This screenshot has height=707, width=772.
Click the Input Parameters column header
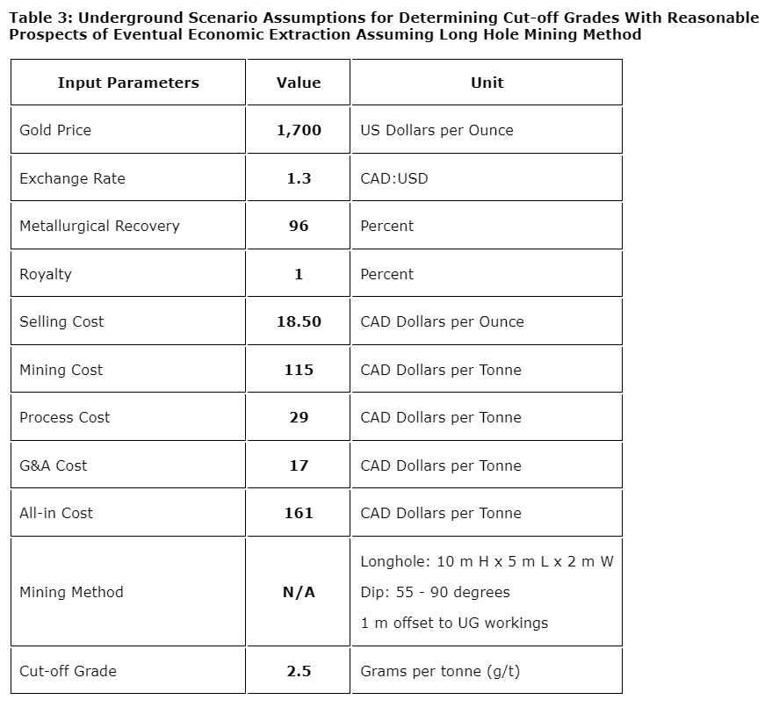click(128, 83)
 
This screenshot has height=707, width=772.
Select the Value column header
click(299, 83)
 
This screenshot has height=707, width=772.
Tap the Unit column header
click(487, 83)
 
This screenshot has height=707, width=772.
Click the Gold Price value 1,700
click(299, 130)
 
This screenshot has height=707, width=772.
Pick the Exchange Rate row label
click(72, 178)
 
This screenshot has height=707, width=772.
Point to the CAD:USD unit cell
click(394, 178)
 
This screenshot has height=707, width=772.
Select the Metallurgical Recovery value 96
click(299, 226)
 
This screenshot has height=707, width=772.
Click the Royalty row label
click(46, 274)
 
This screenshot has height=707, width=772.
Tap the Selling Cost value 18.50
click(299, 321)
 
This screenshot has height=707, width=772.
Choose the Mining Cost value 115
click(299, 370)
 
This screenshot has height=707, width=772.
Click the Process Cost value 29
click(299, 417)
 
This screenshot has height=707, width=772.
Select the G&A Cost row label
click(54, 465)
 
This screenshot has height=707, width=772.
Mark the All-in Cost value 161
click(299, 513)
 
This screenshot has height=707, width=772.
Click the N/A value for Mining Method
click(299, 592)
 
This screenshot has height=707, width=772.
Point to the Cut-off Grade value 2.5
click(299, 671)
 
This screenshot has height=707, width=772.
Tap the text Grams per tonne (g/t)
click(440, 671)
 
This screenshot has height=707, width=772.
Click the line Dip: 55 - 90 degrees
click(435, 592)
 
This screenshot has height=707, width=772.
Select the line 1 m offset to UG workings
click(454, 623)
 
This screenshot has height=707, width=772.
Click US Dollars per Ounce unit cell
click(437, 130)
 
